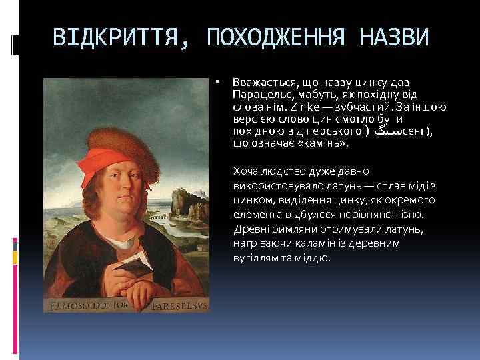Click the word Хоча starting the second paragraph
(245, 171)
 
